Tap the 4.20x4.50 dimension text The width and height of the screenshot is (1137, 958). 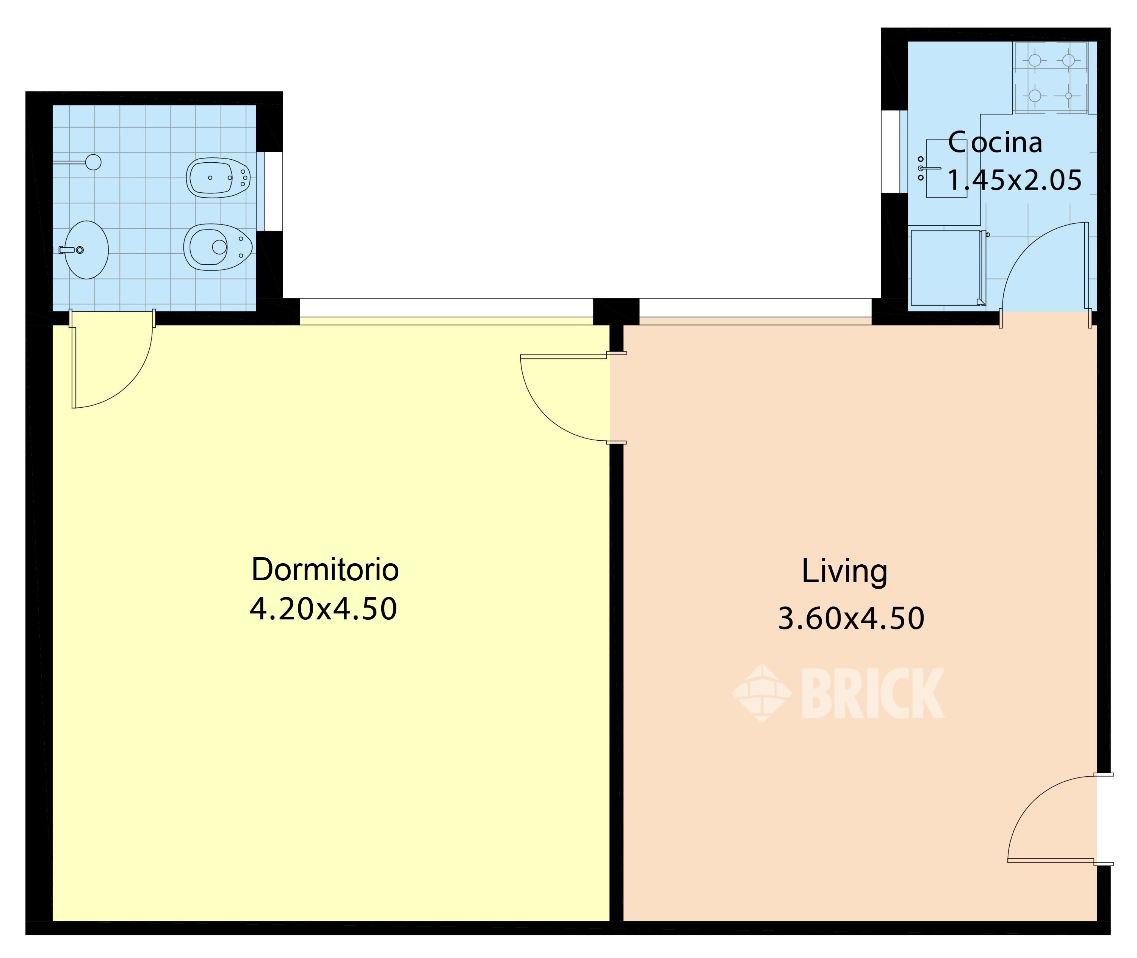[323, 609]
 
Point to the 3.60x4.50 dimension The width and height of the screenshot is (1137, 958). [851, 618]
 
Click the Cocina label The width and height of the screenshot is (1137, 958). [995, 142]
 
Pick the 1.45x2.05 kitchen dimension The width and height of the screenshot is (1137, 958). [1014, 180]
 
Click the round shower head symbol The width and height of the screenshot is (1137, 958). [93, 162]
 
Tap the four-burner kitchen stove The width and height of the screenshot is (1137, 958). [1051, 78]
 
